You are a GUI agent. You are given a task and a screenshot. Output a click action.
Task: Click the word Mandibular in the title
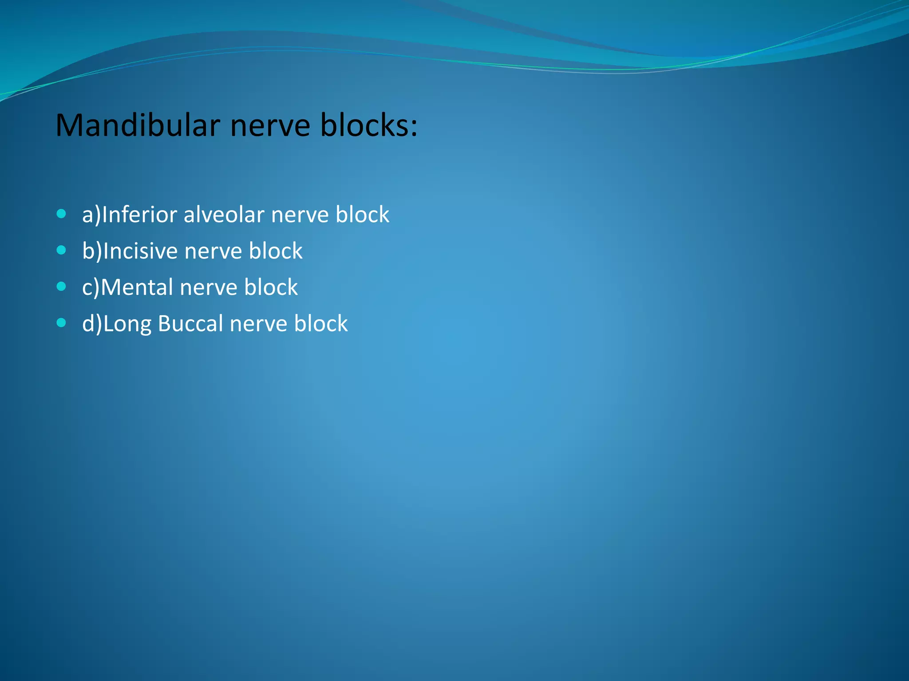pos(138,125)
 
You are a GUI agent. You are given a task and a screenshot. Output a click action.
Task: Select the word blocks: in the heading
pos(369,125)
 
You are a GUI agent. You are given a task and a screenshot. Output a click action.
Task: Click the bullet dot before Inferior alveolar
pos(62,214)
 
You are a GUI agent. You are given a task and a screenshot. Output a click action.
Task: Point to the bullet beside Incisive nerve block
pos(62,250)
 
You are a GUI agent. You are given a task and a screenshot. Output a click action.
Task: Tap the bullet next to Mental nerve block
pos(62,287)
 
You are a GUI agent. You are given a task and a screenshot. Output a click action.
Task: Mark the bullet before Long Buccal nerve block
pos(62,323)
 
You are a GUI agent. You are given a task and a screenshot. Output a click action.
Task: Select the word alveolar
pos(224,215)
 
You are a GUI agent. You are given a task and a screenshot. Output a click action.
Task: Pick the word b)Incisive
pos(130,251)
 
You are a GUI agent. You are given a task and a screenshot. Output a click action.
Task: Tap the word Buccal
pos(190,324)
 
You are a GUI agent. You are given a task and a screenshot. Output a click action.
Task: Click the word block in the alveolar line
pos(362,215)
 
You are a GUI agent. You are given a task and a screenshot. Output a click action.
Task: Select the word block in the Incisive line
pos(275,251)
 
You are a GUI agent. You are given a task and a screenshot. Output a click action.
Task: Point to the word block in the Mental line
pos(271,288)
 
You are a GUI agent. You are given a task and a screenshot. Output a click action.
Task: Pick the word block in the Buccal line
pos(321,324)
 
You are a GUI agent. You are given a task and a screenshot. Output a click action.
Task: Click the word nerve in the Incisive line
pos(213,251)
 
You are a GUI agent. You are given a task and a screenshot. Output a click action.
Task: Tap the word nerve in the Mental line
pos(208,288)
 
